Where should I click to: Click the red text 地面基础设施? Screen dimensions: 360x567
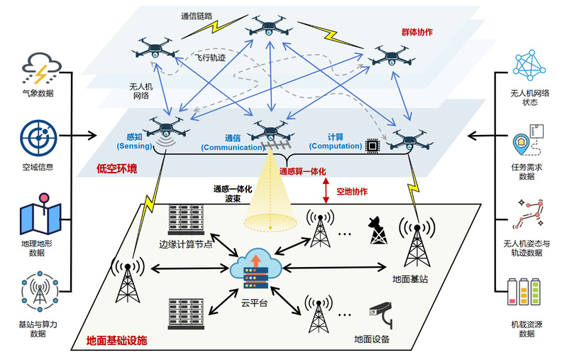pyautogui.click(x=116, y=341)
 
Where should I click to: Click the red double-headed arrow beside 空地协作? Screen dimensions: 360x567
pyautogui.click(x=326, y=191)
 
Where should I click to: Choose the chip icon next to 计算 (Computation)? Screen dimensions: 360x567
pyautogui.click(x=372, y=146)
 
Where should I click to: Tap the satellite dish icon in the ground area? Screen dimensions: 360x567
pyautogui.click(x=377, y=229)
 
